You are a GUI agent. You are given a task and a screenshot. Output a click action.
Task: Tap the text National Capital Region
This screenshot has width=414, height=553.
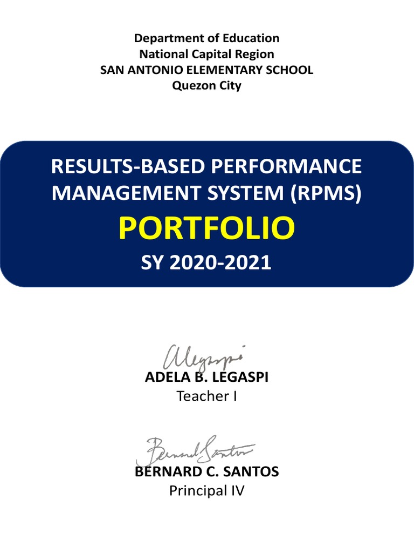click(x=206, y=54)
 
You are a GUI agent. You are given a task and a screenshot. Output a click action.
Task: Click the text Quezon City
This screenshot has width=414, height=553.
click(x=206, y=85)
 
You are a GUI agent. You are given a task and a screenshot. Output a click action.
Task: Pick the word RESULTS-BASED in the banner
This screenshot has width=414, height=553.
click(x=127, y=166)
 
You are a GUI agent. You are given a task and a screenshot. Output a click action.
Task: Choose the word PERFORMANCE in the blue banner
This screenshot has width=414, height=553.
click(x=286, y=166)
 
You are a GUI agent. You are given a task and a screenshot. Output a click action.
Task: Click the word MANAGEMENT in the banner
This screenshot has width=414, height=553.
click(x=122, y=193)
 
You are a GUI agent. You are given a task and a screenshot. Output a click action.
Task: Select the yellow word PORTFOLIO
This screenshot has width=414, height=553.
click(x=206, y=229)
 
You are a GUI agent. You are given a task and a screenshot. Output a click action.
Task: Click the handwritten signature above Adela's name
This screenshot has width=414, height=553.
click(x=203, y=357)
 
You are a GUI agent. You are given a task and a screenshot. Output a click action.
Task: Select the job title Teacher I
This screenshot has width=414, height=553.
click(x=206, y=396)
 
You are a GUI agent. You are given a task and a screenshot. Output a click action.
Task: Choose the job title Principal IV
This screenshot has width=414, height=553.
click(x=206, y=491)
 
